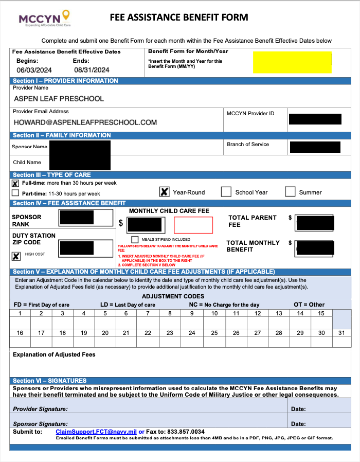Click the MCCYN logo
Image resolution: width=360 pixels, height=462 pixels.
[44, 19]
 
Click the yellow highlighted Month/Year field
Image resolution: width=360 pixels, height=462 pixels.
[292, 62]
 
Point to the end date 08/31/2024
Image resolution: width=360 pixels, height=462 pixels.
[92, 70]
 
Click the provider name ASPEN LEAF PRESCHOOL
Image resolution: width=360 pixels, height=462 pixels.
[59, 98]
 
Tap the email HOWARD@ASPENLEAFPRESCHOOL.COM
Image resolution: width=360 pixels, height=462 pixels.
[85, 122]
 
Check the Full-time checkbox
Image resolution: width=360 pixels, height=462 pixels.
[15, 184]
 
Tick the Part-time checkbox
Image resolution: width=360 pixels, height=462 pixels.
[15, 193]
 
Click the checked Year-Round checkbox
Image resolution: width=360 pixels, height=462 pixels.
[164, 192]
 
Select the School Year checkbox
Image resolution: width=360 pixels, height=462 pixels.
[226, 192]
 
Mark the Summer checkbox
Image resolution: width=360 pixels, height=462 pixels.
[290, 192]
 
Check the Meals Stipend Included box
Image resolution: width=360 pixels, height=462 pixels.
[135, 239]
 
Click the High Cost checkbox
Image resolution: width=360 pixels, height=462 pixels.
[16, 256]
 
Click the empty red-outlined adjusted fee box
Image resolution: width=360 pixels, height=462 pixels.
[193, 225]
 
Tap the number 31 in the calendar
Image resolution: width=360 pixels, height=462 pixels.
[341, 333]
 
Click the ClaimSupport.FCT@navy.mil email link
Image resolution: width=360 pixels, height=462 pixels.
[96, 432]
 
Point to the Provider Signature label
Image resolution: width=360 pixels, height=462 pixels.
[40, 410]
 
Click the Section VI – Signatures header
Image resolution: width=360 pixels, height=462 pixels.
[49, 381]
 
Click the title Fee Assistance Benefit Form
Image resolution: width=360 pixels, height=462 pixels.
[179, 17]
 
